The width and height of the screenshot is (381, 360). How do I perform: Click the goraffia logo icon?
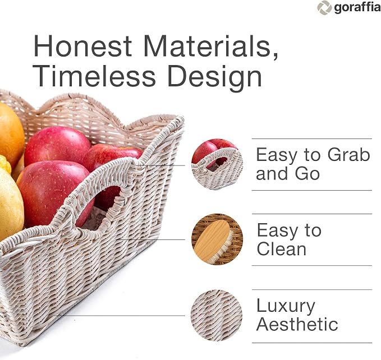tap(324, 8)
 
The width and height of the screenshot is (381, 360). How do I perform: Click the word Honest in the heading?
tap(82, 45)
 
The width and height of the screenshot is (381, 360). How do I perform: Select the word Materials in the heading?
tap(211, 46)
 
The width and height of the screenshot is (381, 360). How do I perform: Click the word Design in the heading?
tap(214, 78)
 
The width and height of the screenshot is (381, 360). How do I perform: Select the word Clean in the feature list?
tap(281, 249)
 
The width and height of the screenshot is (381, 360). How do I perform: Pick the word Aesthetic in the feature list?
tap(297, 324)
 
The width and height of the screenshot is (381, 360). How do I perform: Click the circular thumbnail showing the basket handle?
tap(217, 164)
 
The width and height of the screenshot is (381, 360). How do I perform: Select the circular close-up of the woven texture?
tap(217, 315)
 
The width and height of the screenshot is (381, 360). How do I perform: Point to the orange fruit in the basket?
tap(11, 134)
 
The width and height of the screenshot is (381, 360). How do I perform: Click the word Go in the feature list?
tap(307, 173)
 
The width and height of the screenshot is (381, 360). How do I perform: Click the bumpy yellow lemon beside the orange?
tap(5, 164)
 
